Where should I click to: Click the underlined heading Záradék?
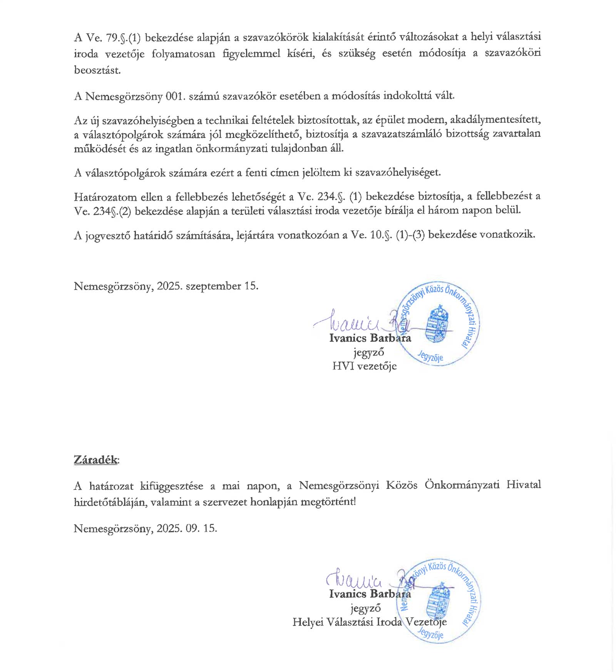[x=96, y=460]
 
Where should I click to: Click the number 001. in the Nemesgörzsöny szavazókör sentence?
[x=176, y=96]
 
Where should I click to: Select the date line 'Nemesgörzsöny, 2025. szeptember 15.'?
[x=166, y=286]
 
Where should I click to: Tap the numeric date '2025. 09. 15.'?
[x=187, y=528]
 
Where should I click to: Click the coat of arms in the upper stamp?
[x=437, y=323]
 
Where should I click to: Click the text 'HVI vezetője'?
[x=364, y=366]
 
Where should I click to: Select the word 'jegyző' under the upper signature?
[x=368, y=352]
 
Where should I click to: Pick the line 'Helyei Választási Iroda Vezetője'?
[x=369, y=622]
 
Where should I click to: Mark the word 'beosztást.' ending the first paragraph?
[x=97, y=70]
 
